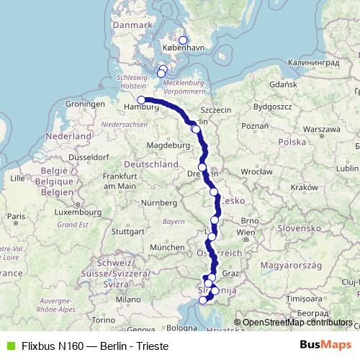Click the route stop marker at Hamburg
(x=141, y=101)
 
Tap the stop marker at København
(x=183, y=40)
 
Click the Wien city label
(x=246, y=233)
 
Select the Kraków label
(x=305, y=186)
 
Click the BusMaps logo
(x=325, y=346)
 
